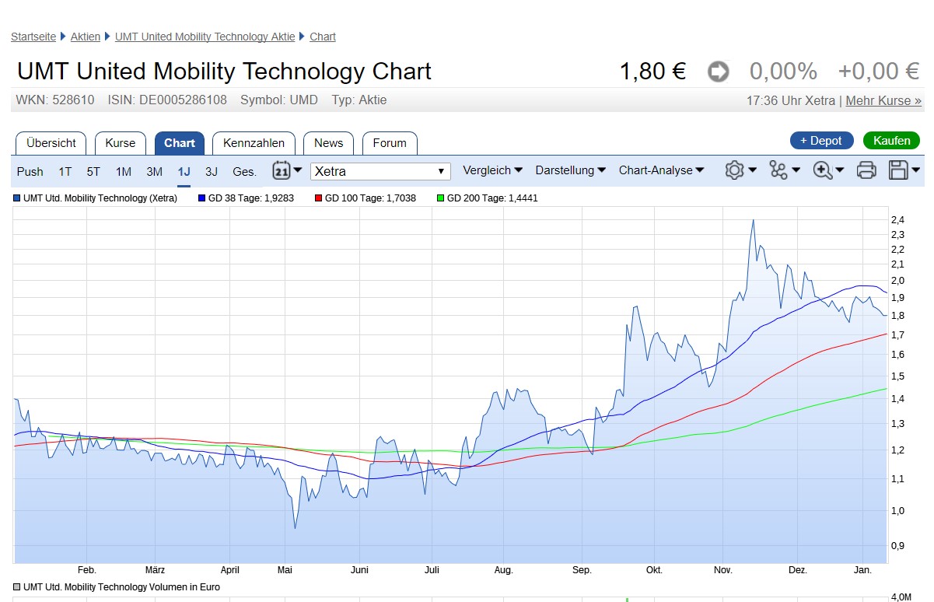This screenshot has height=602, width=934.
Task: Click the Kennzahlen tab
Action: [x=254, y=143]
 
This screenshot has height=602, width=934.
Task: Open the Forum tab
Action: [x=390, y=143]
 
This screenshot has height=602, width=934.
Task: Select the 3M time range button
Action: [x=155, y=172]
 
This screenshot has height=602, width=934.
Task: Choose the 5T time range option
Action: [x=93, y=172]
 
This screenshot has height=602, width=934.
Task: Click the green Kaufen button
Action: [x=891, y=141]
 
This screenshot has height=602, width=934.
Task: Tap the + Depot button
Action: [x=820, y=141]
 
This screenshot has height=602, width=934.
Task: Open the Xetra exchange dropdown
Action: [x=380, y=171]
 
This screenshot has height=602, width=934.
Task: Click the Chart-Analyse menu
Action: [x=661, y=170]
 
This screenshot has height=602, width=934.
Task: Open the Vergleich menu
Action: [x=492, y=170]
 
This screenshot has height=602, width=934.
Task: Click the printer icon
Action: [x=866, y=170]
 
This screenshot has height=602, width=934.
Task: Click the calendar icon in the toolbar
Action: [x=282, y=170]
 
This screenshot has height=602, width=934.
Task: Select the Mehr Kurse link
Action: [x=883, y=100]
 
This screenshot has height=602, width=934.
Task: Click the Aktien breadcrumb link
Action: [x=86, y=37]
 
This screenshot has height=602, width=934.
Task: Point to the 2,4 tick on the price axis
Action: [x=897, y=219]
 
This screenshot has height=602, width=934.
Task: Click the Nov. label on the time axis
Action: [x=723, y=570]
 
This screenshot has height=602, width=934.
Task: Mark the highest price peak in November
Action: [x=753, y=220]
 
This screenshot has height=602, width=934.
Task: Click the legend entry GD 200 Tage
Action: [x=491, y=198]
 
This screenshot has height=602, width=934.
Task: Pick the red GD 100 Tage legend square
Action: [x=318, y=198]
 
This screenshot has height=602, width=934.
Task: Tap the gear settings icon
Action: [x=734, y=170]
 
